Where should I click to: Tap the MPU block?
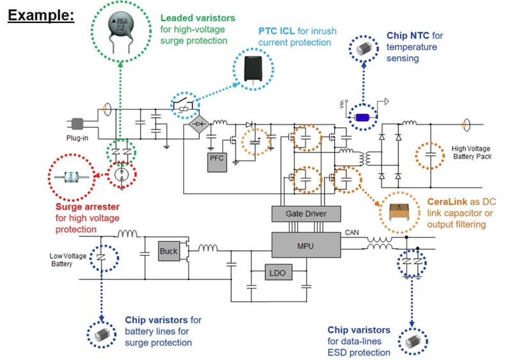point(307,244)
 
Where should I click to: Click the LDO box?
point(278,273)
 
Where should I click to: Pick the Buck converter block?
point(169,251)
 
